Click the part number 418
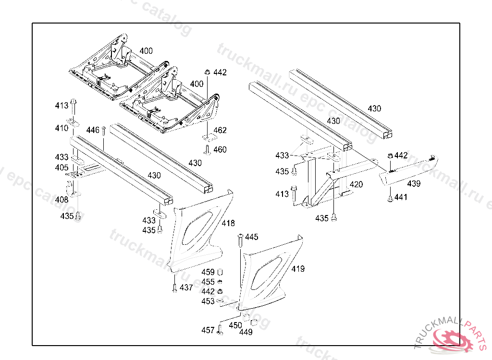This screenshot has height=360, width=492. tap(228, 223)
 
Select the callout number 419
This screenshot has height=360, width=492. tap(298, 269)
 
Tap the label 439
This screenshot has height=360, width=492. tap(414, 183)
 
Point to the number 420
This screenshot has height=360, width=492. tap(356, 184)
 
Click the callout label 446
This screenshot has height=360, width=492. tap(93, 130)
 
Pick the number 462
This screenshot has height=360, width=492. tap(220, 130)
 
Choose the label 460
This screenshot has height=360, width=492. tap(220, 150)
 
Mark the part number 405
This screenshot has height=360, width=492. tap(61, 168)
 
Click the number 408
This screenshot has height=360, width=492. tap(61, 200)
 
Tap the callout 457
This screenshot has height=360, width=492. tap(208, 330)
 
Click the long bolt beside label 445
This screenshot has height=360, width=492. tap(241, 240)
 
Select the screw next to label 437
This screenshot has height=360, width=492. tap(175, 288)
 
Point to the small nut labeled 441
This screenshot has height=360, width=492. tap(390, 199)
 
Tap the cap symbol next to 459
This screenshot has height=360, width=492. tap(220, 272)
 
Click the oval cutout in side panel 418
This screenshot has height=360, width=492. tap(197, 228)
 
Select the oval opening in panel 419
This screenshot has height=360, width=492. tap(266, 273)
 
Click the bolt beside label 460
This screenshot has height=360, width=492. tap(207, 150)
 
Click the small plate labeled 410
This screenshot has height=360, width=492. tap(73, 121)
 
